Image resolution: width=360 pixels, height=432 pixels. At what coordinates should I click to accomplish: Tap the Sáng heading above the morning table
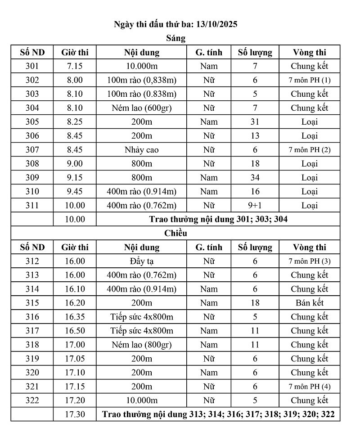[x=175, y=38]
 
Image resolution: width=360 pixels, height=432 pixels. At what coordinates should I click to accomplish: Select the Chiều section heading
[x=175, y=233]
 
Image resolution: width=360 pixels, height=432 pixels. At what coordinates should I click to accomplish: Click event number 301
[x=32, y=66]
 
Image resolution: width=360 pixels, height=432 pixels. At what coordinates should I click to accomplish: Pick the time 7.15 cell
[x=75, y=66]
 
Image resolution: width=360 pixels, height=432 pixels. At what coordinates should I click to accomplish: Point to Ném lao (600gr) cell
[x=141, y=108]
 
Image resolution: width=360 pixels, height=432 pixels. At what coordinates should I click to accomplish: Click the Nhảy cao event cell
[x=141, y=150]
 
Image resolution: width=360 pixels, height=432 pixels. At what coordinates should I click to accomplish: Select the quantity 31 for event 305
[x=255, y=122]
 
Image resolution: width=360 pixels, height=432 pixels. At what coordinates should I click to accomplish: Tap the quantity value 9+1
[x=255, y=206]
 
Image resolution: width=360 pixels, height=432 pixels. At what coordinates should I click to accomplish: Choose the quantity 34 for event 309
[x=255, y=178]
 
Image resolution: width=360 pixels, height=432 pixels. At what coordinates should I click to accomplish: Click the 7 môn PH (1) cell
[x=310, y=80]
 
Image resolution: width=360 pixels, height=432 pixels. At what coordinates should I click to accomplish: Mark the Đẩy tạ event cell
[x=141, y=261]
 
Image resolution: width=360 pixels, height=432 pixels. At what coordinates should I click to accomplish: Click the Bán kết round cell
[x=310, y=303]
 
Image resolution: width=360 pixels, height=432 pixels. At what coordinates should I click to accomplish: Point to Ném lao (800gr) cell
[x=141, y=345]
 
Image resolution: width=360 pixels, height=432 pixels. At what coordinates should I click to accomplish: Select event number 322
[x=32, y=400]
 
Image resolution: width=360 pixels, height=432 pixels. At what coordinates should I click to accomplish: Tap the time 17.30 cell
[x=75, y=414]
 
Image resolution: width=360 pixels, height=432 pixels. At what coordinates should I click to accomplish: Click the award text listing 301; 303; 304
[x=218, y=220]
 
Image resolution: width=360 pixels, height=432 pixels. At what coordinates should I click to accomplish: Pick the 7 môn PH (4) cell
[x=310, y=387]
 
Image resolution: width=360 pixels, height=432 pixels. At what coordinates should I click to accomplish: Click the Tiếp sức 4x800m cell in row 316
[x=141, y=317]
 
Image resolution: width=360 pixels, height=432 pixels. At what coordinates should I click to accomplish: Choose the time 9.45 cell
[x=75, y=192]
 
